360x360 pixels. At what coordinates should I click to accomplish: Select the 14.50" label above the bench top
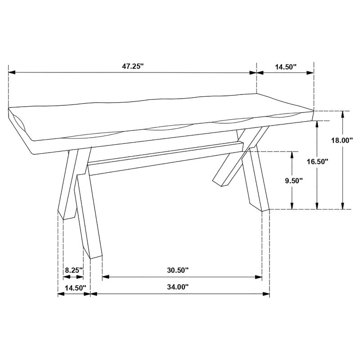[286, 67]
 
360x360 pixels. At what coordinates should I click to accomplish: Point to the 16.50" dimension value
[317, 161]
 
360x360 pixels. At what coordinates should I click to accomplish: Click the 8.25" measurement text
[74, 270]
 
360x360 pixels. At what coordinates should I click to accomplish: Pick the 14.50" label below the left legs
[74, 288]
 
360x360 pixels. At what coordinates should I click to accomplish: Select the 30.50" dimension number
[177, 270]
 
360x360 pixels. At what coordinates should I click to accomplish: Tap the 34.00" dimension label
[177, 287]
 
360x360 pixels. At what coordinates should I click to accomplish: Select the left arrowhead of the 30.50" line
[105, 278]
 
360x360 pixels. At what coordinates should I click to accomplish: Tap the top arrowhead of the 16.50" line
[317, 123]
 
